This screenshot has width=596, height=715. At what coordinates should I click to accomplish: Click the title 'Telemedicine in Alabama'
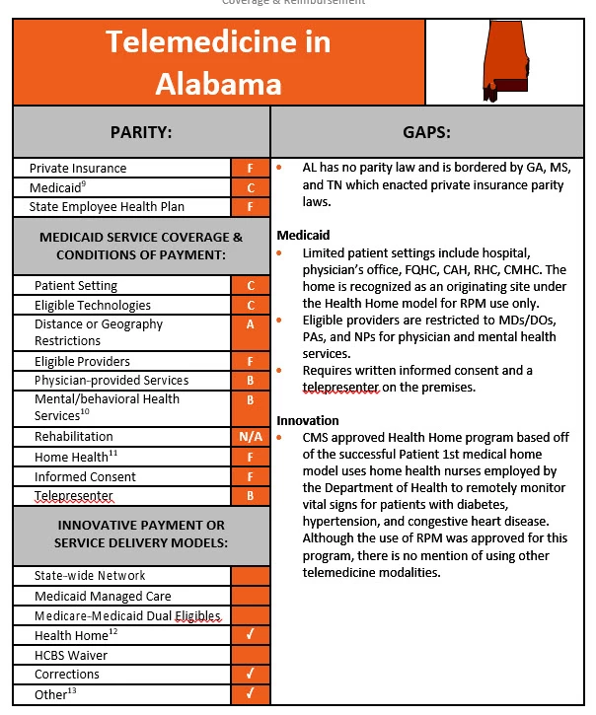click(218, 62)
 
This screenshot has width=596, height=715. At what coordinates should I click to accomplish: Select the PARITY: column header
click(141, 131)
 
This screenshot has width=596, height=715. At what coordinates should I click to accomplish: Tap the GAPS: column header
click(426, 131)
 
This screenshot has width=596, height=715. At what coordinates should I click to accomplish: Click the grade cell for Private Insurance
click(251, 169)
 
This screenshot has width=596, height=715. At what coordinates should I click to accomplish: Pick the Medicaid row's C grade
click(251, 187)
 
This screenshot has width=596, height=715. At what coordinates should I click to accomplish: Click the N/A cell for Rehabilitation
click(251, 437)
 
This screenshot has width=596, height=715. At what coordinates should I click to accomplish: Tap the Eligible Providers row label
click(82, 362)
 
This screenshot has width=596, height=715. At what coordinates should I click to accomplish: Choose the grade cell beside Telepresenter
click(251, 496)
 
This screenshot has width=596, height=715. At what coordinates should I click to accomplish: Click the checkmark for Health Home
click(251, 635)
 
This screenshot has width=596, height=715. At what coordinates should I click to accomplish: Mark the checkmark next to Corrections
click(251, 675)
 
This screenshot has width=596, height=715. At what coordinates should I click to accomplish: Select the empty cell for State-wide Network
click(251, 576)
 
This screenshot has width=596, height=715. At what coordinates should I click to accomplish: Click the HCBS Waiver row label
click(71, 655)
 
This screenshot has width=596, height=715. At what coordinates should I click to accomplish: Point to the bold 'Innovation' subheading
click(308, 420)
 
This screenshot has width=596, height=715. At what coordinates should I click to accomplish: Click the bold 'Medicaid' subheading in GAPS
click(303, 236)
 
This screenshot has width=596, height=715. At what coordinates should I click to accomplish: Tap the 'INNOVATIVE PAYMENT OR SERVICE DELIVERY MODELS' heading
click(140, 535)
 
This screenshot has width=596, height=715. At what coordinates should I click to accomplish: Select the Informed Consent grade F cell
click(251, 476)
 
